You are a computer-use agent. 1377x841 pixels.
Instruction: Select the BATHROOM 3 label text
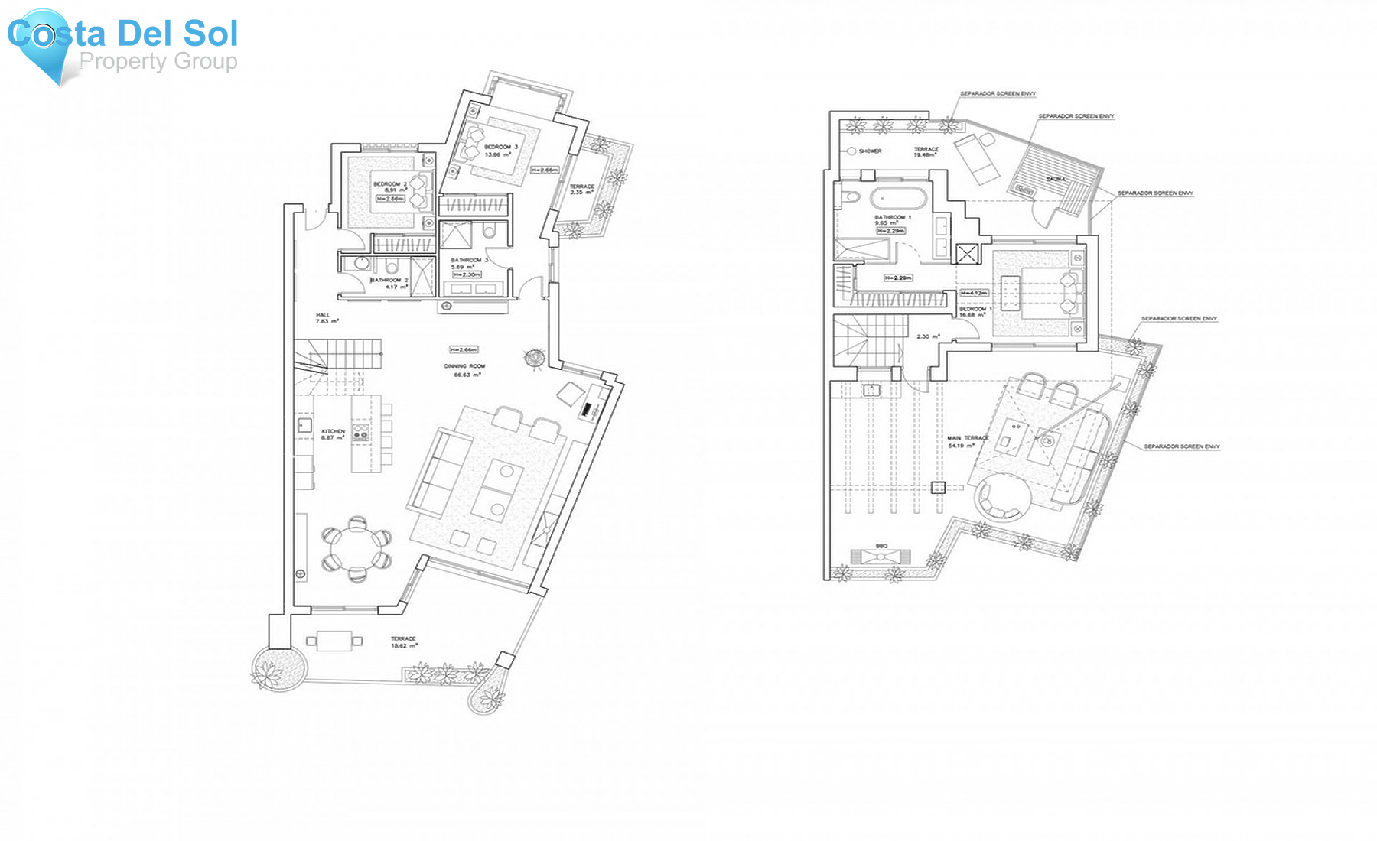coord(468,260)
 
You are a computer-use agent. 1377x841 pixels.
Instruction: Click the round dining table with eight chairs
coord(356,549)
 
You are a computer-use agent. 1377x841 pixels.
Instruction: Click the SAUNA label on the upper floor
coord(1055,179)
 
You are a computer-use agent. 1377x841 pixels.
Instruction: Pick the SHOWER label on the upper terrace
coord(870,151)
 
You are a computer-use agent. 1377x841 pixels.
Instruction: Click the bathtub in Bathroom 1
coord(898,199)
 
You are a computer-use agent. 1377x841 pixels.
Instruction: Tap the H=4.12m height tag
coord(974,293)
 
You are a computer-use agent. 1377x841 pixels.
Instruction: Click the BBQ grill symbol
coord(881,556)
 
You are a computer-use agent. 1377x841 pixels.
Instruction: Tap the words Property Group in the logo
coord(158,61)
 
